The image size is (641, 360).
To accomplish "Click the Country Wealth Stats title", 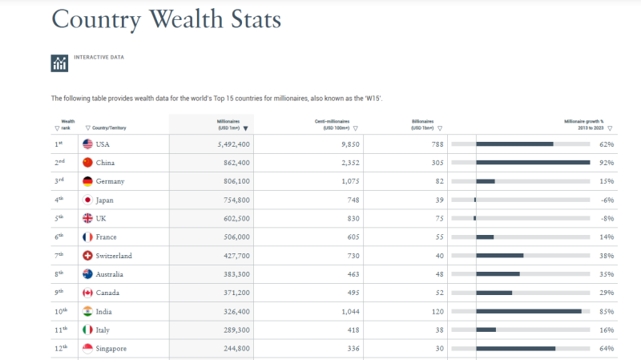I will pos(167,18).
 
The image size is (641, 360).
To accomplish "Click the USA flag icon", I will pos(87,144).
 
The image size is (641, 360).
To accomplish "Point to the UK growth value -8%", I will pos(607,218).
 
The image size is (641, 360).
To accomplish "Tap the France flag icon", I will pos(87,237).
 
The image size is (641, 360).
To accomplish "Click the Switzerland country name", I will pos(114,256).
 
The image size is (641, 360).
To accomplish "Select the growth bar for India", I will pos(529,311).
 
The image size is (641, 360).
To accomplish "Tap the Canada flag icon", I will pos(87,293).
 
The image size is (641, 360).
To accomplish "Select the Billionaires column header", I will pos(422,124).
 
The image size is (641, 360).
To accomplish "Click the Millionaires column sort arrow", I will pos(246,128).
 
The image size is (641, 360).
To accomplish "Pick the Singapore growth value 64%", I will pos(607,349).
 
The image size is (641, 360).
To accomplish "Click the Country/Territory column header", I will pos(109,128).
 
